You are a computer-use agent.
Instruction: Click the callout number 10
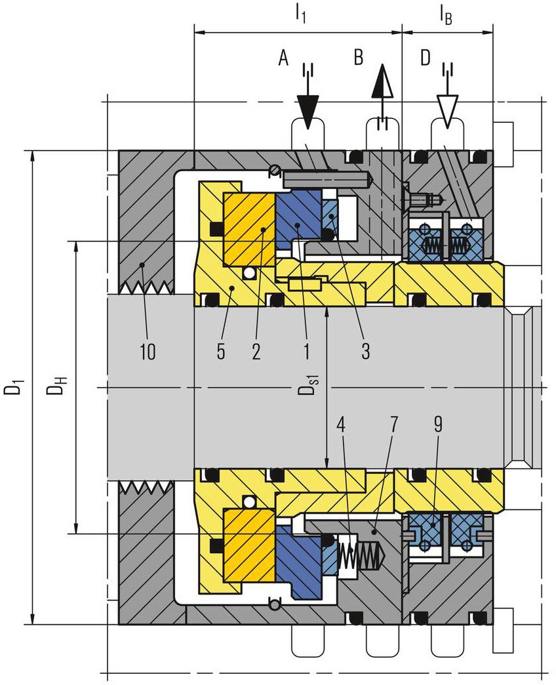(148, 351)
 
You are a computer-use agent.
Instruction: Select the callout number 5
(221, 351)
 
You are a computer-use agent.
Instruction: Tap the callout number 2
(256, 351)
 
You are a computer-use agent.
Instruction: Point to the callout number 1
(306, 351)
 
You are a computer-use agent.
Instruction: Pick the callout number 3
(366, 351)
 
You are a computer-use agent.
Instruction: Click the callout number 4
(342, 425)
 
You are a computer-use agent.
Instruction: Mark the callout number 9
(438, 425)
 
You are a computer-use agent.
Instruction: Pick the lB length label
(446, 16)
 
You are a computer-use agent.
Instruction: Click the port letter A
(284, 57)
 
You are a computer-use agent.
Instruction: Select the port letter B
(358, 57)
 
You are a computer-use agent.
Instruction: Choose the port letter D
(425, 57)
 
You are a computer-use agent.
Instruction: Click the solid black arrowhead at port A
(308, 112)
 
